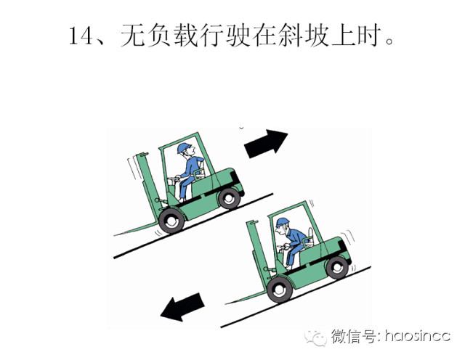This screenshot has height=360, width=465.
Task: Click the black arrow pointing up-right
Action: [x=265, y=144]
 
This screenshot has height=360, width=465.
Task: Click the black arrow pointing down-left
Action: [x=182, y=307]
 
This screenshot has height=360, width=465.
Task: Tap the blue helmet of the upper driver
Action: [x=184, y=147]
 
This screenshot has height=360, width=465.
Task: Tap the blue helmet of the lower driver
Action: [x=282, y=222]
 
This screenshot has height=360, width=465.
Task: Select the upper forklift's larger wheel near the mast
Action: [x=171, y=221]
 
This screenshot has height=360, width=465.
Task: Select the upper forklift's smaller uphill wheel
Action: [x=229, y=198]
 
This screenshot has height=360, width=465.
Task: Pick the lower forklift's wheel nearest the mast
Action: [x=279, y=290]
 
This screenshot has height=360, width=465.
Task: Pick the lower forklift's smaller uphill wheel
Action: [x=337, y=268]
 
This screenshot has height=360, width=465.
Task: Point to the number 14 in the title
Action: [x=80, y=36]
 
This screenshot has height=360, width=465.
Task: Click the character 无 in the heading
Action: [x=132, y=36]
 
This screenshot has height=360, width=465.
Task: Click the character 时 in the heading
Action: [x=370, y=36]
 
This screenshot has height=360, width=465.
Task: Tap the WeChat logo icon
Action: [x=315, y=337]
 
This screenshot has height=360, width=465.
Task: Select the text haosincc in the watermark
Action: [x=418, y=336]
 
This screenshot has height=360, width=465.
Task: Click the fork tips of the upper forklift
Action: [x=116, y=234]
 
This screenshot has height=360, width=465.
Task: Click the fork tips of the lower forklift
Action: [x=228, y=303]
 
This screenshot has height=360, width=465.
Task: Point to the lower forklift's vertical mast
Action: [x=259, y=251]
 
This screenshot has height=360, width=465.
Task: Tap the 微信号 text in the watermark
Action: [x=354, y=337]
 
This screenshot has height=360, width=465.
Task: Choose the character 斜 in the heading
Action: [x=291, y=36]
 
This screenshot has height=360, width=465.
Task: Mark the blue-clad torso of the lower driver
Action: [x=296, y=237]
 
